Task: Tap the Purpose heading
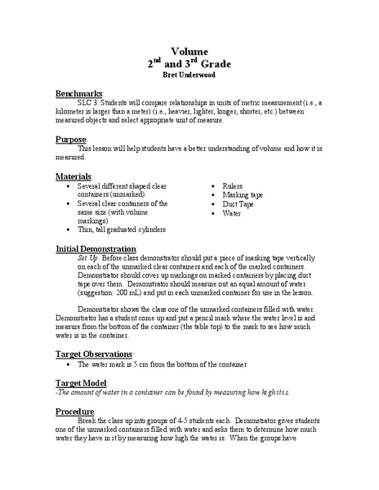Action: tap(74, 140)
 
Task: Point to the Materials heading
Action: tap(78, 176)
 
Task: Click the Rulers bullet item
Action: tap(235, 185)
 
